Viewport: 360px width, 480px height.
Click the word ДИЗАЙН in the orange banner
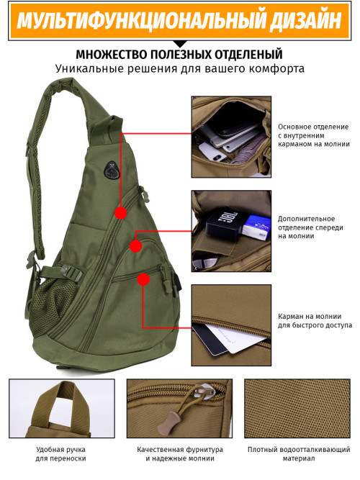(x=306, y=21)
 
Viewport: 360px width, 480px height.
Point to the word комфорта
(x=276, y=68)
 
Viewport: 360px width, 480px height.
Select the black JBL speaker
(x=226, y=223)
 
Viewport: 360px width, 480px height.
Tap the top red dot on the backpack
(x=121, y=212)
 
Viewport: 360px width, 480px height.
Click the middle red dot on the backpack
(x=136, y=246)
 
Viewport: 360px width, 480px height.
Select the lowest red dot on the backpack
(x=143, y=279)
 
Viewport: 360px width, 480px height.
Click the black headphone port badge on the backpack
(x=111, y=169)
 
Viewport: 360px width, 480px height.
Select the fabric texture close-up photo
(x=297, y=408)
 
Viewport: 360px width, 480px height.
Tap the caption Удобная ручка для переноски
(x=60, y=454)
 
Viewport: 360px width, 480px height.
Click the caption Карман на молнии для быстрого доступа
(x=315, y=320)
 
